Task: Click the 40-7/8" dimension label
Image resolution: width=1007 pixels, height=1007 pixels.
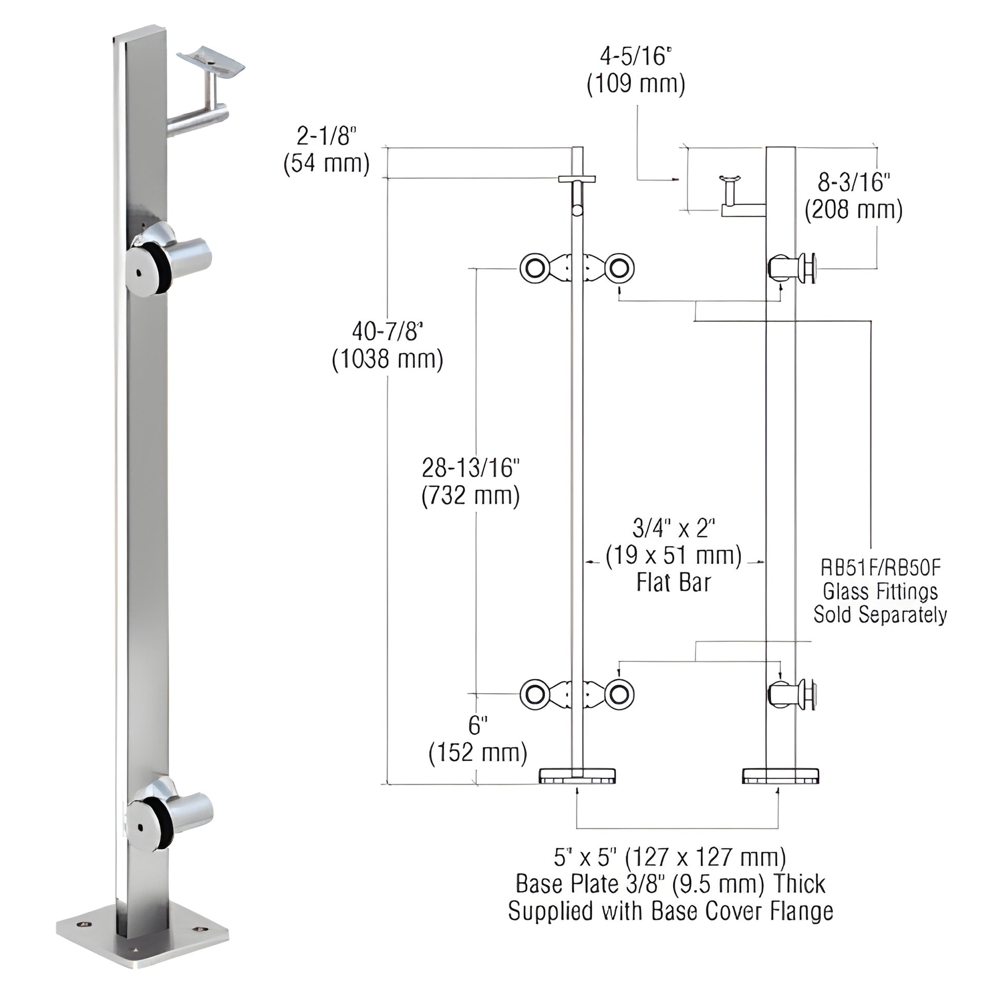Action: [x=387, y=332]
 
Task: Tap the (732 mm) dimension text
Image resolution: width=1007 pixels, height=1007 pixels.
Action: [x=471, y=496]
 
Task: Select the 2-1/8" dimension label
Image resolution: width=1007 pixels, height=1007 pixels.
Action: [x=327, y=137]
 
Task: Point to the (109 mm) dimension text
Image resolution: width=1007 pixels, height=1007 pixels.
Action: [x=636, y=84]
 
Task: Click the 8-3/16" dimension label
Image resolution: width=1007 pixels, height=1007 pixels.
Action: [x=854, y=183]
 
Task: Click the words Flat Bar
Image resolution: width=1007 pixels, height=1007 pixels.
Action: [x=673, y=583]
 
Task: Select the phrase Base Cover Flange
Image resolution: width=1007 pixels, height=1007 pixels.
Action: [x=742, y=911]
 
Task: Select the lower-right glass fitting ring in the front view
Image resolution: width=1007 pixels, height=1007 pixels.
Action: [x=619, y=694]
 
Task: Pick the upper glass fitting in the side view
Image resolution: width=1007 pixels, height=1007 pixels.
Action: [x=792, y=268]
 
